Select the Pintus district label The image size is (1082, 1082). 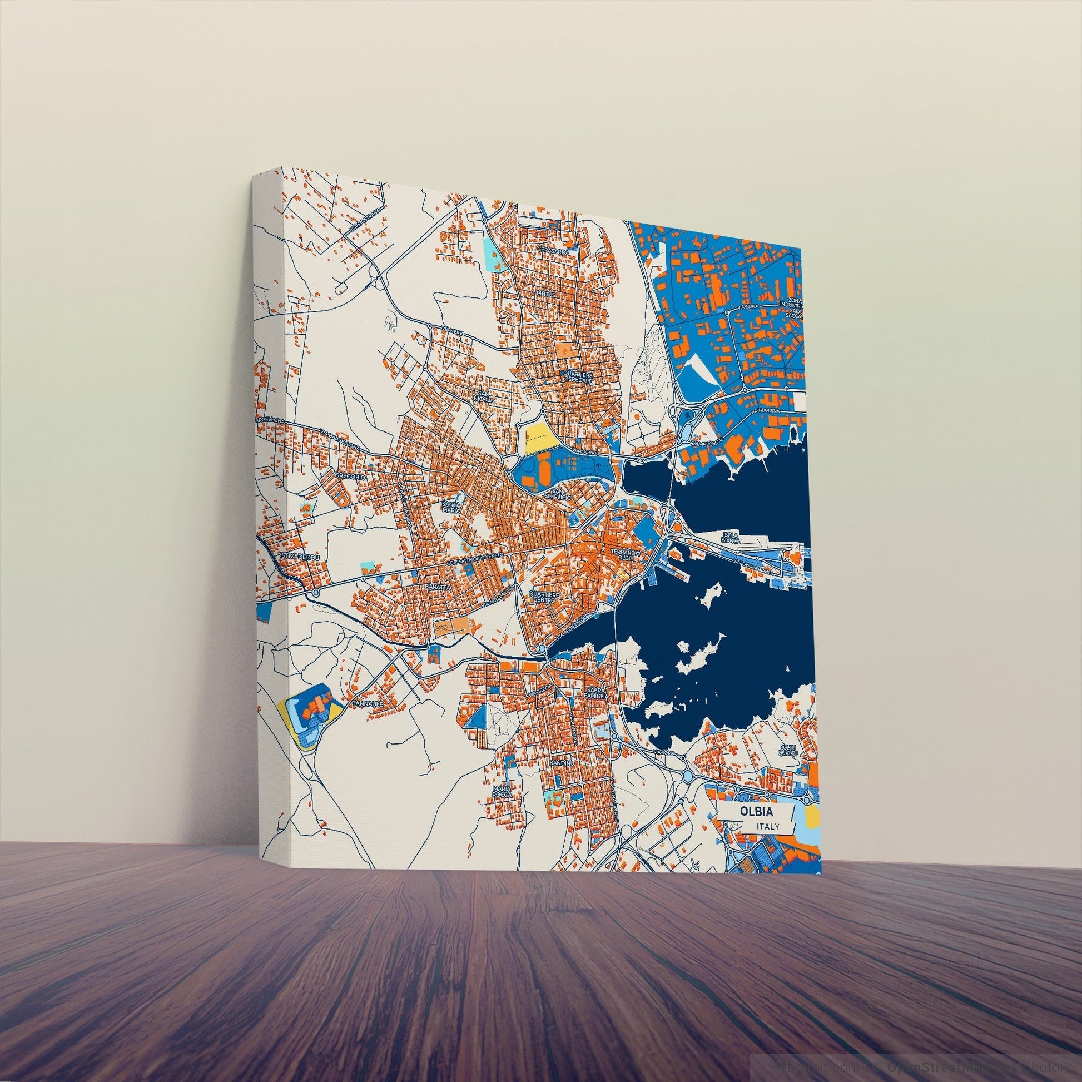click(x=544, y=293)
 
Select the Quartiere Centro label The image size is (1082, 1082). click(x=544, y=597)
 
